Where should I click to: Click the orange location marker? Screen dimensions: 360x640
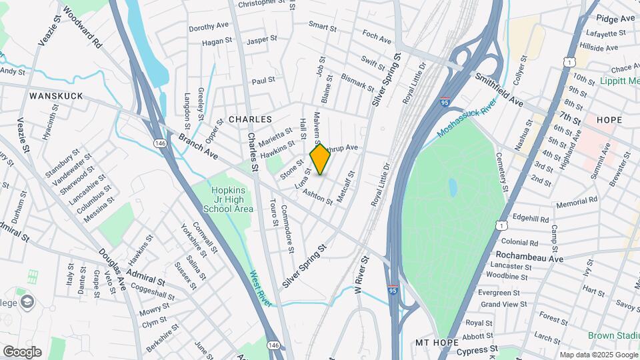[x=320, y=159]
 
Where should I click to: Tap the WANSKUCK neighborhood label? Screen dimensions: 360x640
[x=56, y=96]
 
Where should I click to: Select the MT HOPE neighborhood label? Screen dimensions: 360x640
[x=434, y=342]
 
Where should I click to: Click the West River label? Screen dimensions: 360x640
[x=261, y=288]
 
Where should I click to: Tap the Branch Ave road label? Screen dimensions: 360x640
[x=198, y=146]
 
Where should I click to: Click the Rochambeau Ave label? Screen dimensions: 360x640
[x=530, y=257]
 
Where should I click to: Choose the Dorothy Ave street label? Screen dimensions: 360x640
[x=209, y=27]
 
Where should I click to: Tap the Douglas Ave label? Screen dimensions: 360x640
[x=112, y=269]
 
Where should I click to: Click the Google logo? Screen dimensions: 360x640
[x=22, y=351]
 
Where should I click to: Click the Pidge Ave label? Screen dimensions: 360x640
[x=615, y=18]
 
